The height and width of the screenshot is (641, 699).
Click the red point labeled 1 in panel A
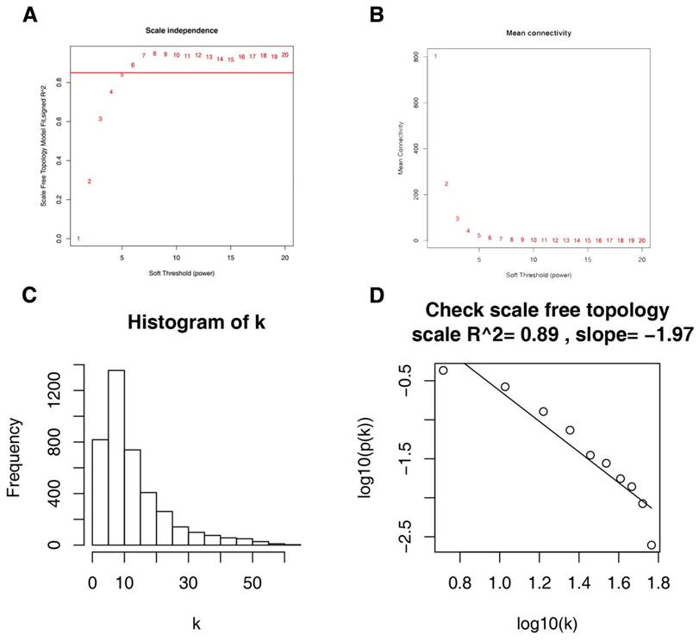coord(78,239)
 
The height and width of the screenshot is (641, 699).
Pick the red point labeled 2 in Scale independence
coord(90,182)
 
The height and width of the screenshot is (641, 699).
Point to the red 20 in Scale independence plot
coord(284,54)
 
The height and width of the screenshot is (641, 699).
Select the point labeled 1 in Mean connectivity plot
coord(436,57)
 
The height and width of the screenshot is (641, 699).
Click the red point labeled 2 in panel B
coord(446,184)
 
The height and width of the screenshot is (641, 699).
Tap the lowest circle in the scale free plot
coord(652,545)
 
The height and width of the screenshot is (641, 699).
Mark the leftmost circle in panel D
coord(443,370)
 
